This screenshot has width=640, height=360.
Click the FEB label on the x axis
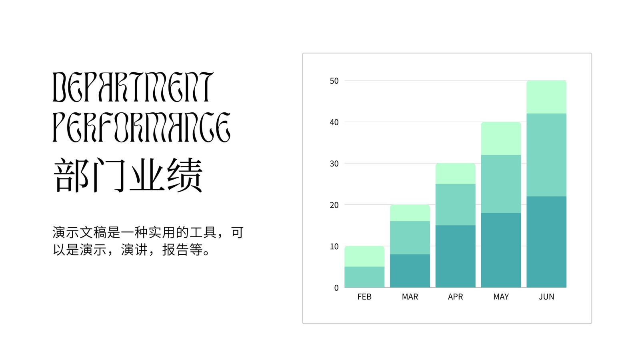pyautogui.click(x=364, y=296)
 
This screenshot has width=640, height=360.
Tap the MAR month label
pyautogui.click(x=410, y=296)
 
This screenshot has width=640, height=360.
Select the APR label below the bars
pyautogui.click(x=456, y=296)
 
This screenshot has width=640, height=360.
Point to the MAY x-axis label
pyautogui.click(x=501, y=296)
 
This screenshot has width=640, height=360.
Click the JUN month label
pyautogui.click(x=546, y=296)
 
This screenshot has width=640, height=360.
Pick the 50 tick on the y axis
pyautogui.click(x=334, y=81)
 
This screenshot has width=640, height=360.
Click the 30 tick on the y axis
pyautogui.click(x=334, y=164)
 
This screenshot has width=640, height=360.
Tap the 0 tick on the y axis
pyautogui.click(x=336, y=288)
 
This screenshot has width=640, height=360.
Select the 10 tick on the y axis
pyautogui.click(x=334, y=246)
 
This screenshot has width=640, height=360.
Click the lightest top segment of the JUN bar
pyautogui.click(x=546, y=97)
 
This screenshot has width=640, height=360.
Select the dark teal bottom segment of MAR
pyautogui.click(x=410, y=271)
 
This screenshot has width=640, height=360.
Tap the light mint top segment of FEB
pyautogui.click(x=364, y=256)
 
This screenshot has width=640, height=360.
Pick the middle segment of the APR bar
pyautogui.click(x=456, y=204)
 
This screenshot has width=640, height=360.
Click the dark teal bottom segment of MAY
pyautogui.click(x=501, y=250)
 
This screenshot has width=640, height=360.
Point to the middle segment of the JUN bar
pyautogui.click(x=546, y=155)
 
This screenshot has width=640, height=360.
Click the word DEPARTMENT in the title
pyautogui.click(x=133, y=87)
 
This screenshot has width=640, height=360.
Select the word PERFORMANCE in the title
pyautogui.click(x=142, y=127)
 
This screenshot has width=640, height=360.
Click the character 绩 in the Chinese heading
pyautogui.click(x=185, y=175)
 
